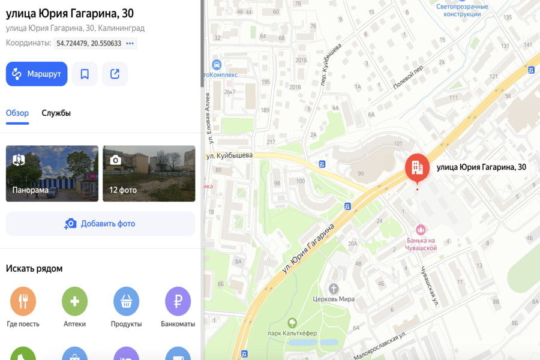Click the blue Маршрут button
tap(37, 74)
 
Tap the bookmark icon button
tap(85, 74)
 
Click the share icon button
tap(115, 74)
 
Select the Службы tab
tap(56, 113)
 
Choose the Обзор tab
tap(17, 113)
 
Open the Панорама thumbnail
tap(52, 173)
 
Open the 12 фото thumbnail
tap(149, 173)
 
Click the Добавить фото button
tap(100, 224)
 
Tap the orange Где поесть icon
tap(23, 301)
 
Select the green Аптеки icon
tap(74, 301)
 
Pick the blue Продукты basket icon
tap(126, 301)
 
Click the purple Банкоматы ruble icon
tap(178, 301)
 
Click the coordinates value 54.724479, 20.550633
tap(89, 43)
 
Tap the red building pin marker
tap(417, 167)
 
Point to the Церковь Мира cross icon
tap(334, 289)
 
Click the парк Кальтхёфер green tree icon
tap(292, 323)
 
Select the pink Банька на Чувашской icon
tap(421, 230)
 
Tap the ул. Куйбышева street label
tap(229, 155)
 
